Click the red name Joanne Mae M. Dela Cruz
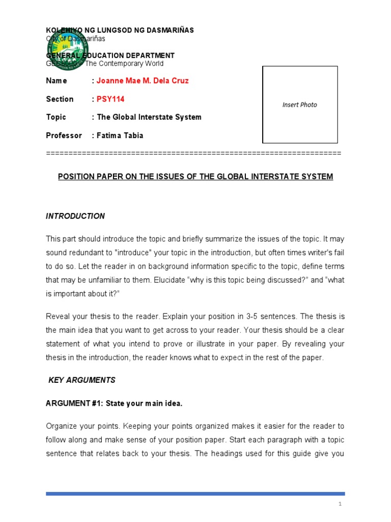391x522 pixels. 143,81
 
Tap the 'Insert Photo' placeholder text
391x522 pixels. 299,105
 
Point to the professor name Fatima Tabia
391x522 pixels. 120,135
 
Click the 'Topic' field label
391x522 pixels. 56,117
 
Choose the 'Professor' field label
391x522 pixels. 64,135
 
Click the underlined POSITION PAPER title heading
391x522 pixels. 195,176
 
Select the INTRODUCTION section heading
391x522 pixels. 75,216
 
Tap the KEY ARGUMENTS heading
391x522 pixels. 82,380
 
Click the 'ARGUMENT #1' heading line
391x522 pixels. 114,403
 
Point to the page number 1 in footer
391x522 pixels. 340,504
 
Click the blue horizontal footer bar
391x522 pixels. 195,493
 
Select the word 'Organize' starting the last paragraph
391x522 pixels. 61,426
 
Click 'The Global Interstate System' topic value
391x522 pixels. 149,117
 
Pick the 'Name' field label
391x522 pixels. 57,81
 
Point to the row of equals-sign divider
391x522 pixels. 193,153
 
